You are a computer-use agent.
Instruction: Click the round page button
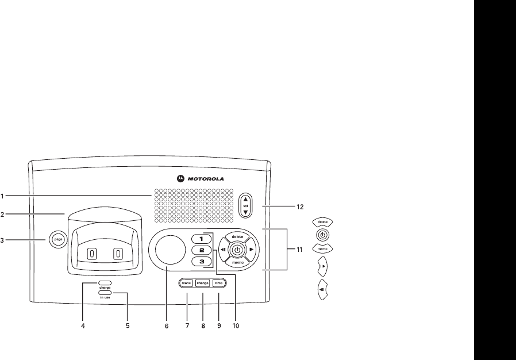(57, 239)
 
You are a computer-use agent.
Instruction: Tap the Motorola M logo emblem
(180, 178)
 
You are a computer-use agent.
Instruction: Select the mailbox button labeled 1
(201, 238)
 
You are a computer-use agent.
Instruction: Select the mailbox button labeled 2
(201, 250)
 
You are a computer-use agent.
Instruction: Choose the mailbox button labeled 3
(201, 262)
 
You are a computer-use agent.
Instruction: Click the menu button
(186, 283)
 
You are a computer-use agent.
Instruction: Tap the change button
(203, 283)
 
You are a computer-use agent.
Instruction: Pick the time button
(219, 283)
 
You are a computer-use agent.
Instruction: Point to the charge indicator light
(105, 283)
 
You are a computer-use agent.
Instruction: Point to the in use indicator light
(105, 293)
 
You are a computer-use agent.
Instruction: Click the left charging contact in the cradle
(91, 253)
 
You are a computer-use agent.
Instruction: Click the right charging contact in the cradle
(118, 253)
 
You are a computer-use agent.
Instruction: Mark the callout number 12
(300, 206)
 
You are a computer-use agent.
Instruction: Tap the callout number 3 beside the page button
(3, 240)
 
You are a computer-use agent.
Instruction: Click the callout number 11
(300, 250)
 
